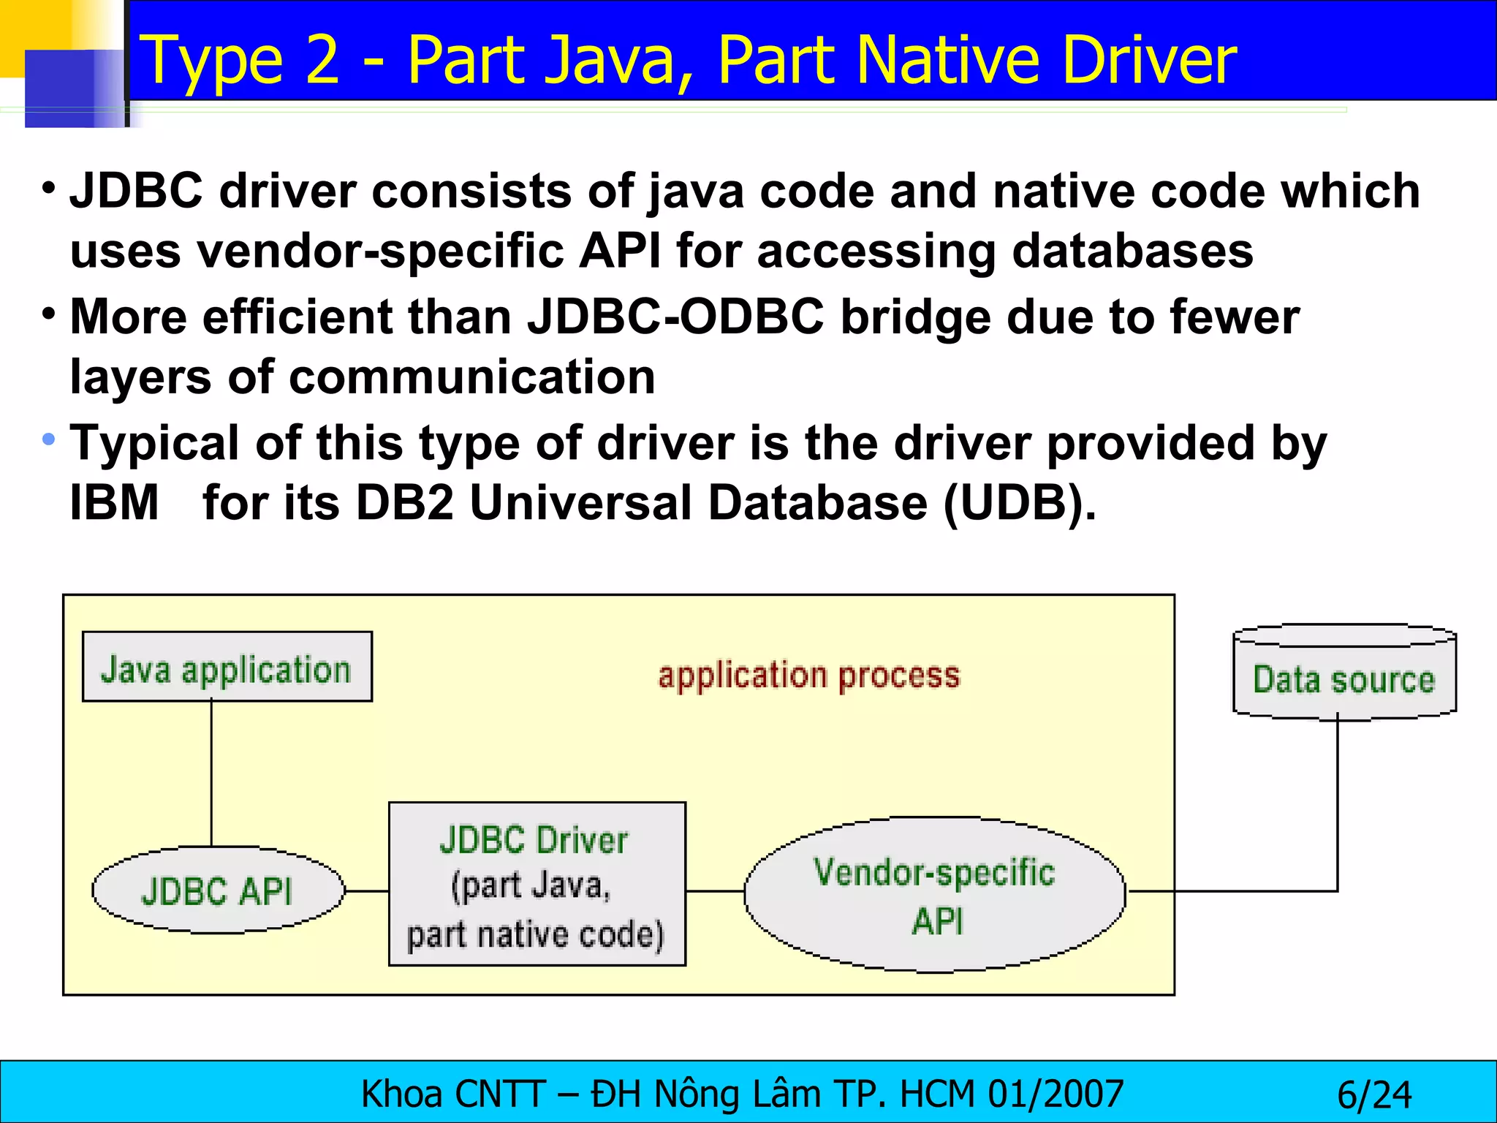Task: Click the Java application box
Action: pos(227,667)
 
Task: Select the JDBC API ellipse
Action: pos(217,891)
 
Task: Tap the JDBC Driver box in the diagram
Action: pos(537,884)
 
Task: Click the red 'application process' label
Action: pos(808,676)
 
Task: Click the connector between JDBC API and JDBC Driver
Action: pos(366,891)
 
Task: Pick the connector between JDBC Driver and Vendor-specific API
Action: pos(715,891)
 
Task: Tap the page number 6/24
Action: pos(1374,1095)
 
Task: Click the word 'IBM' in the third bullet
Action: pos(114,503)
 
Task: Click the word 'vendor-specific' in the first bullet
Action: pos(380,251)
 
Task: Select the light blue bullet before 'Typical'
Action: pos(49,439)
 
